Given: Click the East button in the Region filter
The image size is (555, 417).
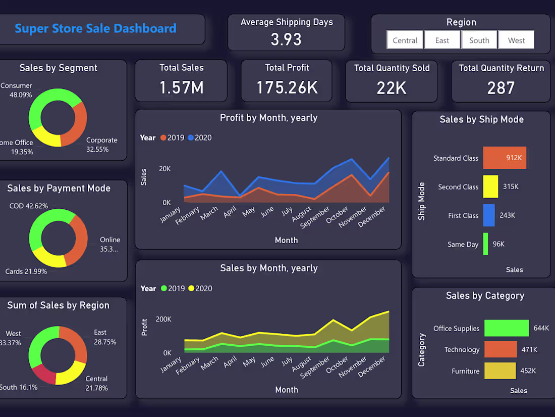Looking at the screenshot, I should tap(442, 40).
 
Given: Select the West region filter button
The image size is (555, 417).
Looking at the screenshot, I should tap(516, 40).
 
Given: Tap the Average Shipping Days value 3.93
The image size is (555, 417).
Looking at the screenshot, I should tap(286, 39).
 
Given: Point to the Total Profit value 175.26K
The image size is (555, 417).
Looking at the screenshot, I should tap(287, 87).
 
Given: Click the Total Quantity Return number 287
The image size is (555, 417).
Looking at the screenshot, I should tap(501, 88).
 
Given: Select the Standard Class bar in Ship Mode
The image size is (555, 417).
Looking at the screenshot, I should tap(505, 158).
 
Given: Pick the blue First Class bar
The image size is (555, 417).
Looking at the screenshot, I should tap(489, 215).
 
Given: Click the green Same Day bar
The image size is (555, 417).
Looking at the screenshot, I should tap(486, 244).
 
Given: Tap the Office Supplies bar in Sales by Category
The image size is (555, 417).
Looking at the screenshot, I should tap(507, 328).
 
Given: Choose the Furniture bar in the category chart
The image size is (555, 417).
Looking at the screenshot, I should tap(500, 370).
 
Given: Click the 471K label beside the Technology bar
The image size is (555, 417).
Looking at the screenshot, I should tap(529, 349).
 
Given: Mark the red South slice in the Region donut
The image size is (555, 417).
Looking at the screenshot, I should tap(43, 373).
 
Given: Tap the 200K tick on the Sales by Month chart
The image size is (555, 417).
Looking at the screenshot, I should tap(163, 319).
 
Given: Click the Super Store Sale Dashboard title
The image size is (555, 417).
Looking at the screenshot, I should tap(95, 28).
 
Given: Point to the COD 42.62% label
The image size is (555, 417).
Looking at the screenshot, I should tap(28, 206).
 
